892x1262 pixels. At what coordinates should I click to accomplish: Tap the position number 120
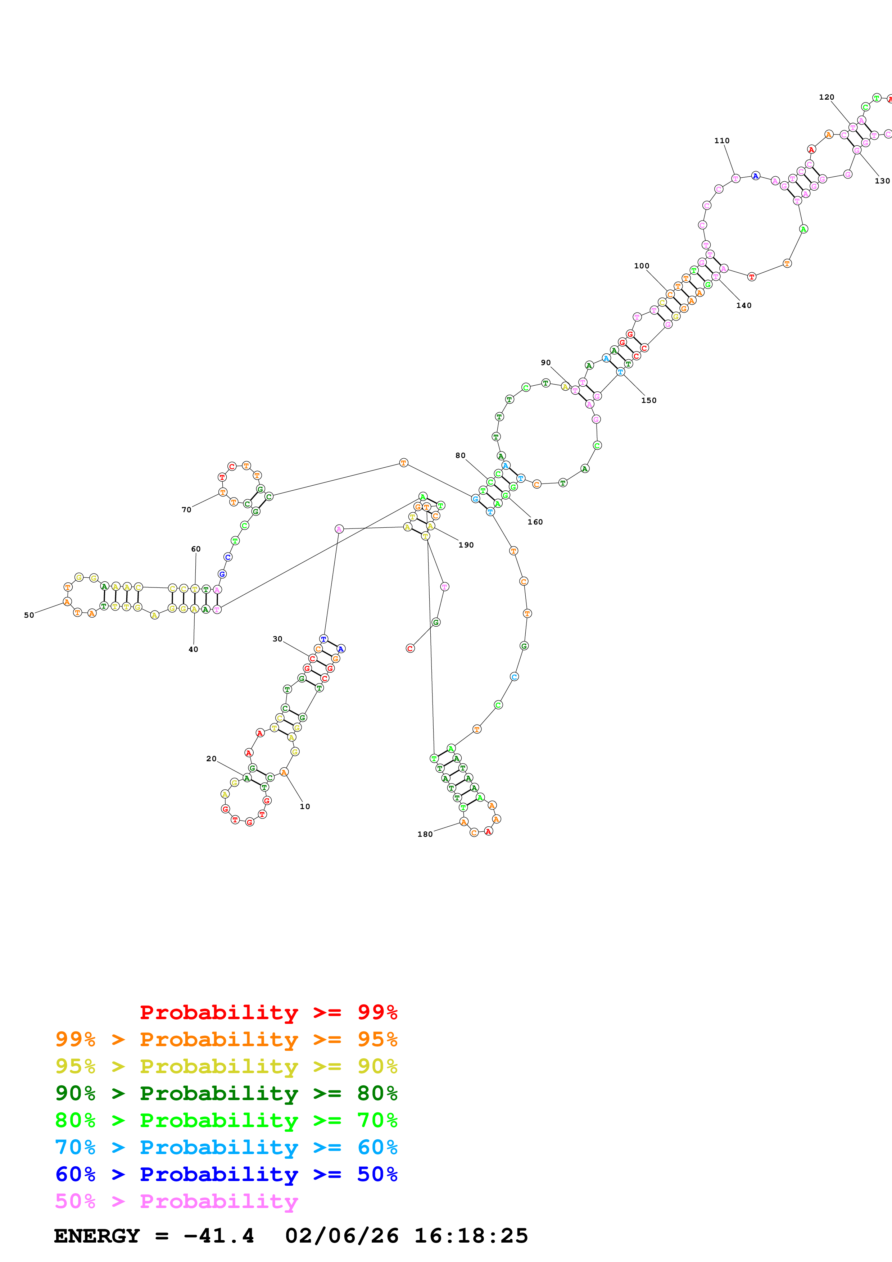coord(826,97)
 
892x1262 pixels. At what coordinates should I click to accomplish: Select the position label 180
coord(425,834)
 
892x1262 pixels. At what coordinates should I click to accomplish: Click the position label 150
coord(648,400)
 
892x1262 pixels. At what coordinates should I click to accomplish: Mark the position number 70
coord(187,509)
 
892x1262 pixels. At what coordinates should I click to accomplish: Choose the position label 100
coord(641,265)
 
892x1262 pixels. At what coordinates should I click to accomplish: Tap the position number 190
coord(466,545)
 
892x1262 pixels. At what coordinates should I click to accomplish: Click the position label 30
coord(277,639)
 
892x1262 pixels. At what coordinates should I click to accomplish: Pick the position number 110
coord(722,141)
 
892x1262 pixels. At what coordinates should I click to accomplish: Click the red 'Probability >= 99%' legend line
coord(268,1012)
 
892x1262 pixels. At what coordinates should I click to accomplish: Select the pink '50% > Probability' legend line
coord(176,1201)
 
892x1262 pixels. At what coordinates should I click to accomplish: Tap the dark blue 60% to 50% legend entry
coord(226,1174)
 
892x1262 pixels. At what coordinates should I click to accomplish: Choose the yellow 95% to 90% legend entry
coord(226,1066)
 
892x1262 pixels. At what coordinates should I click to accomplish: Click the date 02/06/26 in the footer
coord(341,1236)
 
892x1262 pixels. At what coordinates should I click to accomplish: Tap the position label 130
coord(882,181)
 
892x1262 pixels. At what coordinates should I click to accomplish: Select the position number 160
coord(535,522)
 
